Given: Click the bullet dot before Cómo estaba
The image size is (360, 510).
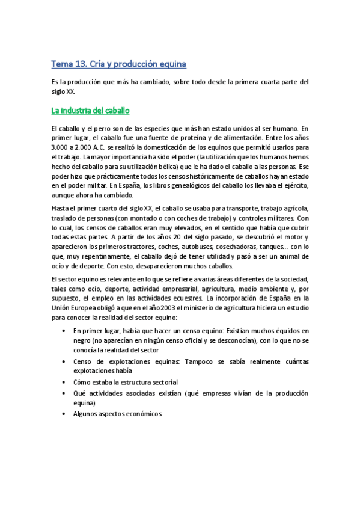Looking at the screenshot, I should [64, 382].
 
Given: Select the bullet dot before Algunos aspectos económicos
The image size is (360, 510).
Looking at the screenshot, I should [64, 414].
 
